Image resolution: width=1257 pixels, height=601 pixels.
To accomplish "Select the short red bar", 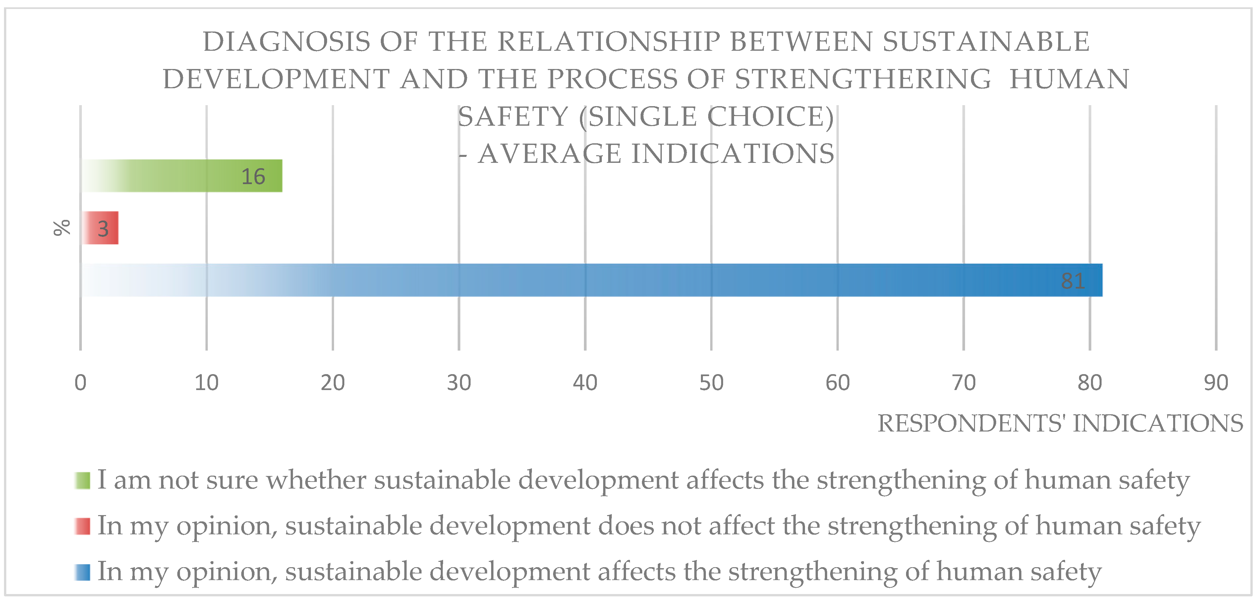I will tap(100, 228).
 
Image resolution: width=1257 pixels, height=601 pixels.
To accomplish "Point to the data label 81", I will tap(1072, 281).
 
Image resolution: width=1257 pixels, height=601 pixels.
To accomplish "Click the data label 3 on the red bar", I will tap(103, 229).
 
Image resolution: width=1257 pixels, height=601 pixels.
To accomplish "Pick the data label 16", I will tap(253, 176).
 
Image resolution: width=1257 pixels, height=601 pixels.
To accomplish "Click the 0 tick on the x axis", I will tap(81, 383).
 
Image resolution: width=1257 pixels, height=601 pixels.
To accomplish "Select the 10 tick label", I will tap(206, 383).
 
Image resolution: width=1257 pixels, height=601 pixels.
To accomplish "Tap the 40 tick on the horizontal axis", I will tap(585, 383).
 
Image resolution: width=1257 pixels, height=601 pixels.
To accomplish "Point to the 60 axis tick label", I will tap(837, 383).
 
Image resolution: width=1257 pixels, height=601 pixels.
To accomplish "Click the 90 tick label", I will tap(1216, 383).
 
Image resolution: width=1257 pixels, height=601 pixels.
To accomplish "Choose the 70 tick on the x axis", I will tap(964, 383).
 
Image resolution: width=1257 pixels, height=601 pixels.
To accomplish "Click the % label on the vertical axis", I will tap(62, 228).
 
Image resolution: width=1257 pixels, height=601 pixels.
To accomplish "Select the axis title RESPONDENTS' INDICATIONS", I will tap(1060, 423).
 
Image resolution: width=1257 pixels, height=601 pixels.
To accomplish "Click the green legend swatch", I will tap(83, 480).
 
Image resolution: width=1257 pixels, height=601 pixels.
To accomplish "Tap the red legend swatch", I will tap(83, 526).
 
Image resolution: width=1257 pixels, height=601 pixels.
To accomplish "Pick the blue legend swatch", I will tap(83, 572).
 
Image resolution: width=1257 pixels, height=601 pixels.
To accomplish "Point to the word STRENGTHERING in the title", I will tap(863, 79).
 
